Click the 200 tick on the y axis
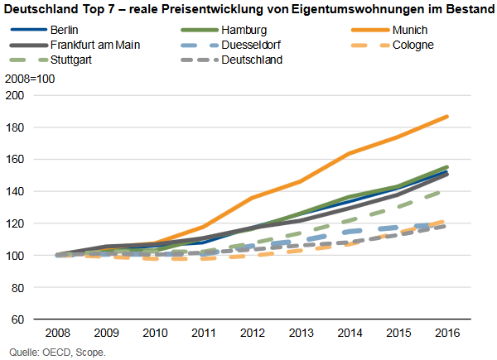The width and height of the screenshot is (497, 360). [x=17, y=95]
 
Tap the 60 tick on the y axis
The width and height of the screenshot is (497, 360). [x=20, y=319]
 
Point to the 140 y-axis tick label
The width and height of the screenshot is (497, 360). [x=17, y=191]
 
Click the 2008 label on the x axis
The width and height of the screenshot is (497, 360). [x=58, y=334]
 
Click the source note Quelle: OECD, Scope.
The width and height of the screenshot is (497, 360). [x=55, y=351]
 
